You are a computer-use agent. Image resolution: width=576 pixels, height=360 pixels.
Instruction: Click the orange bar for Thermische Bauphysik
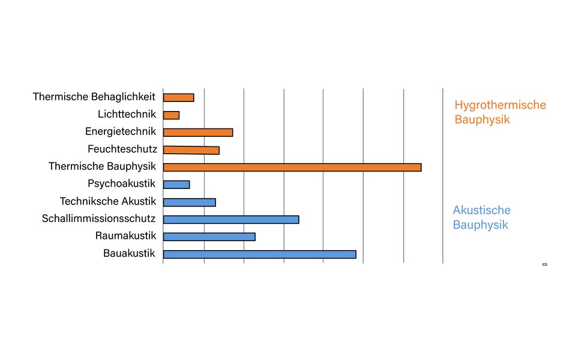(x=292, y=167)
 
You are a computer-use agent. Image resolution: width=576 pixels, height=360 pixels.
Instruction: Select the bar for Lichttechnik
(x=171, y=115)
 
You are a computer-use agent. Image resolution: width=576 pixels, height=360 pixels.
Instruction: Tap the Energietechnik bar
(x=198, y=133)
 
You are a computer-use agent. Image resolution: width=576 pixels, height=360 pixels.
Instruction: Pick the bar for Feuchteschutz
(x=191, y=150)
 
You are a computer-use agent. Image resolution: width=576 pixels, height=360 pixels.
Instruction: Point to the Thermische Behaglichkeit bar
(x=178, y=98)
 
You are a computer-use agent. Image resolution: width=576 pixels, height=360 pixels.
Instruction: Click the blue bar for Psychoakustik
(x=176, y=185)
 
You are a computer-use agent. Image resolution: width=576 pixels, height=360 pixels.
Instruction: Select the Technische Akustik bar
(x=189, y=202)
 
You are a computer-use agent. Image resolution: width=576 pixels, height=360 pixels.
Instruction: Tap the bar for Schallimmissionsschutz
(x=231, y=220)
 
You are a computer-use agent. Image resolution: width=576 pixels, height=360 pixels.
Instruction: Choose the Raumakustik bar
(x=209, y=236)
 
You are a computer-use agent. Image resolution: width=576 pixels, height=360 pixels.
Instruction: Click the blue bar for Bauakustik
(x=259, y=254)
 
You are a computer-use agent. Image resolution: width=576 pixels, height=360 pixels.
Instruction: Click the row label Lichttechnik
(x=127, y=114)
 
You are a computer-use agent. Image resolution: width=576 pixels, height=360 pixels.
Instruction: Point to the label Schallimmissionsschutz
(x=99, y=218)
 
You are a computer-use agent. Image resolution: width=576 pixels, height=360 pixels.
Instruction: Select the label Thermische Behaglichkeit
(x=94, y=97)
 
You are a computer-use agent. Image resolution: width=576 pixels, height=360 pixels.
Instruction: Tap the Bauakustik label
(x=129, y=253)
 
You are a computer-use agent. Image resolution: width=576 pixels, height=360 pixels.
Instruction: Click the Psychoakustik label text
(x=122, y=184)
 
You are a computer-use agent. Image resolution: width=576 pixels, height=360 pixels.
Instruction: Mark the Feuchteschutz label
(x=122, y=149)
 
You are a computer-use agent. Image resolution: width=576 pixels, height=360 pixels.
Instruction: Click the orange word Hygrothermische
(x=500, y=105)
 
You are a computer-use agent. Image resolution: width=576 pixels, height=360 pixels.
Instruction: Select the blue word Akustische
(x=482, y=210)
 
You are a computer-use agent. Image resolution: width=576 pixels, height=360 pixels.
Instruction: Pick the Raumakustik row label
(x=125, y=236)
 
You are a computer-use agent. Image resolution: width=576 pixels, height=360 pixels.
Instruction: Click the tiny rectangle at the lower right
(x=545, y=265)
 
